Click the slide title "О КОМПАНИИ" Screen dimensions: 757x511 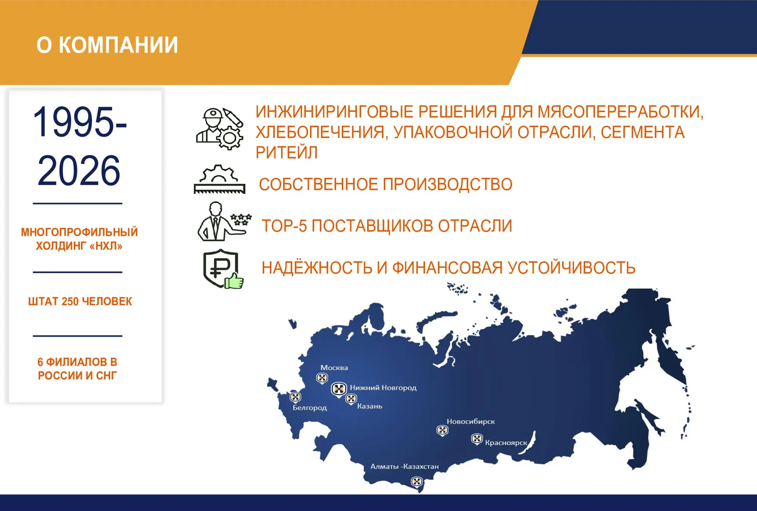pos(107,45)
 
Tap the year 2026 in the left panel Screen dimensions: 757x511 pos(79,171)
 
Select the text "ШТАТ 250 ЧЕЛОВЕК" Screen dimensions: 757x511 pos(80,301)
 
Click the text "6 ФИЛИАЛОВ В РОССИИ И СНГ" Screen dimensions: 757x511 pos(77,369)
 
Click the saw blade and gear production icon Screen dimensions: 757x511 pos(220,179)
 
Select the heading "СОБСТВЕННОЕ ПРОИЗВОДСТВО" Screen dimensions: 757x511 pos(386,184)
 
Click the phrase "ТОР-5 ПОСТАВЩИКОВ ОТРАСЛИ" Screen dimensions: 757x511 pos(387,226)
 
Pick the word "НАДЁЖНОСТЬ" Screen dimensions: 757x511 pos(317,268)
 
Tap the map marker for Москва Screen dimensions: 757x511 pos(322,378)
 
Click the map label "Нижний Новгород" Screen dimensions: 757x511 pos(383,388)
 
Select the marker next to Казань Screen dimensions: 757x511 pos(351,399)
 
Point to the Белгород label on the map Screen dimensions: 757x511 pos(310,408)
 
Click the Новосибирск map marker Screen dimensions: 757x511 pos(442,430)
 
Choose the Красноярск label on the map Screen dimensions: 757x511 pos(506,442)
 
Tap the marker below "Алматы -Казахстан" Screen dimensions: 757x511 pos(417,482)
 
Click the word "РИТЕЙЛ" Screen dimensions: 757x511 pos(287,153)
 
